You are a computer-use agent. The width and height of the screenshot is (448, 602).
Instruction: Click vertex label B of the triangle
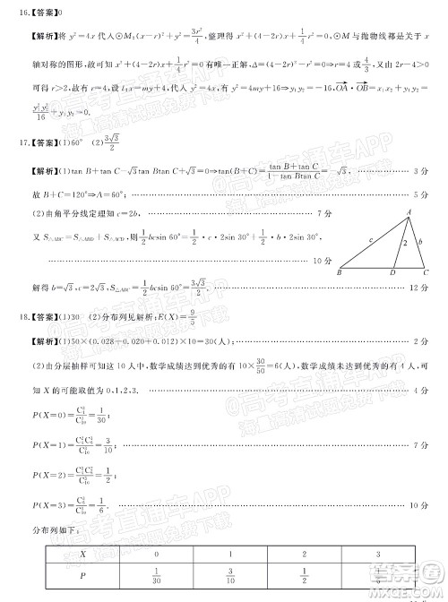[340, 272]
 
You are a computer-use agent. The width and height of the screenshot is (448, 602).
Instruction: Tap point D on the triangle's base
[393, 272]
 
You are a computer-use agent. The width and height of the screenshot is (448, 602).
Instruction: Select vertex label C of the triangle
[426, 272]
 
